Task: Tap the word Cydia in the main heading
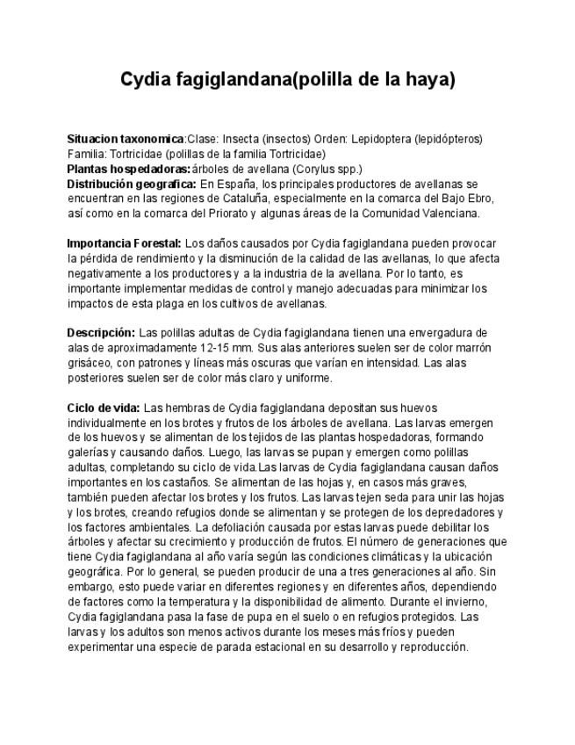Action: click(147, 80)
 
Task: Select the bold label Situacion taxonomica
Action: click(126, 139)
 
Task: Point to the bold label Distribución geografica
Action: click(132, 184)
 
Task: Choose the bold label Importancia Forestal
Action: click(124, 243)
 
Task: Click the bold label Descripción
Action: click(101, 333)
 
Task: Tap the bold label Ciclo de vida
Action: click(103, 409)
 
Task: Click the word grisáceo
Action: click(90, 363)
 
